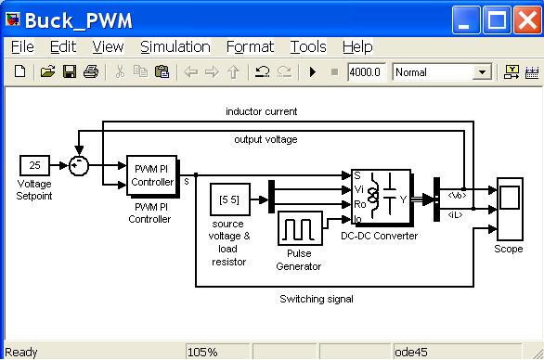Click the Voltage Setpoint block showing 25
coord(34,165)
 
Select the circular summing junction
coord(79,165)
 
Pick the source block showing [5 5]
coord(229,200)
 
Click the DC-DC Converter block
coord(381,197)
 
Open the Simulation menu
coord(175,46)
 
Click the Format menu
coord(250,46)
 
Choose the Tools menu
coord(307,46)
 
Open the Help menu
coord(356,46)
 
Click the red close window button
coord(525,18)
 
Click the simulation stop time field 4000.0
coord(367,71)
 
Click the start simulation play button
coord(313,71)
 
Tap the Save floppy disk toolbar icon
coord(70,71)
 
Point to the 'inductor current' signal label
coord(262,111)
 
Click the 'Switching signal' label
coord(317,299)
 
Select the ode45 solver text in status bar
coord(409,353)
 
